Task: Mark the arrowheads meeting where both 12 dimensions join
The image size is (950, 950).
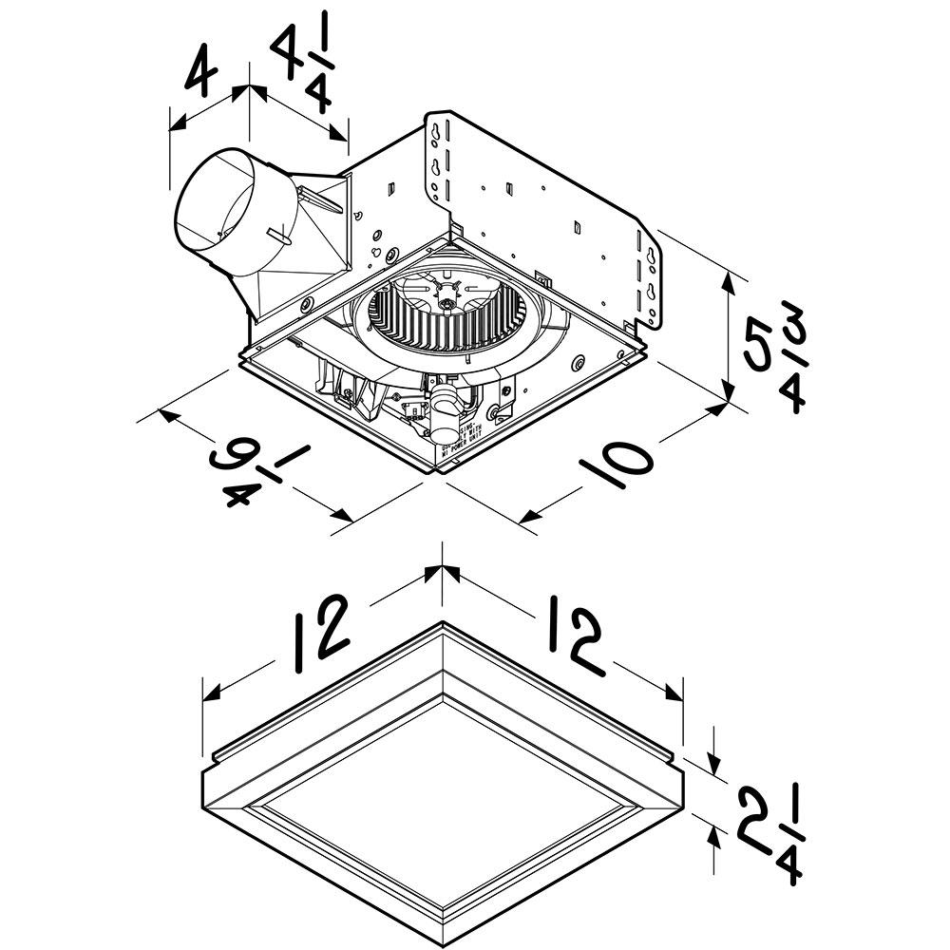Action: point(443,574)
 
